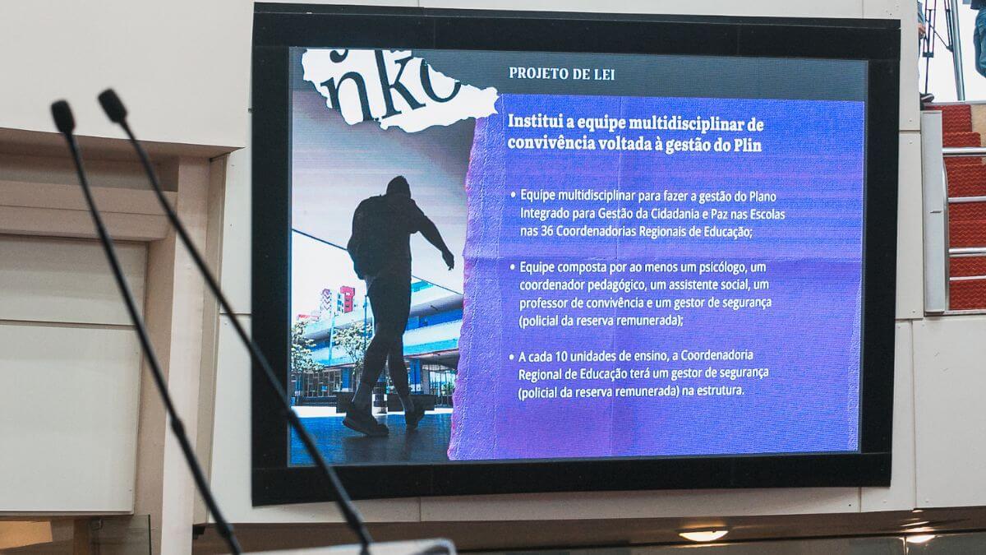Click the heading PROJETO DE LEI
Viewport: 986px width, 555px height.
click(x=562, y=73)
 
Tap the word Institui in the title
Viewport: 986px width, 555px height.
click(x=534, y=122)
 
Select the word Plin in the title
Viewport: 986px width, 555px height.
click(x=748, y=146)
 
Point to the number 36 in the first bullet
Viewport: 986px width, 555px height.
click(x=546, y=231)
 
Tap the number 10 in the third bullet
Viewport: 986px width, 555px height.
click(x=560, y=356)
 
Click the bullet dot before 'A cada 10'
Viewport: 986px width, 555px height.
click(x=511, y=357)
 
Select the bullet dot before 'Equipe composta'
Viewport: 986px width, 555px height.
click(x=513, y=267)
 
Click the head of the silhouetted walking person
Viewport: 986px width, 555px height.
click(x=399, y=186)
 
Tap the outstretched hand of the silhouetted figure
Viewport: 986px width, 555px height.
click(x=448, y=260)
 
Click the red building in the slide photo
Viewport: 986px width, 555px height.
click(x=347, y=299)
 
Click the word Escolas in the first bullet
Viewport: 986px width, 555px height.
click(x=767, y=215)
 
